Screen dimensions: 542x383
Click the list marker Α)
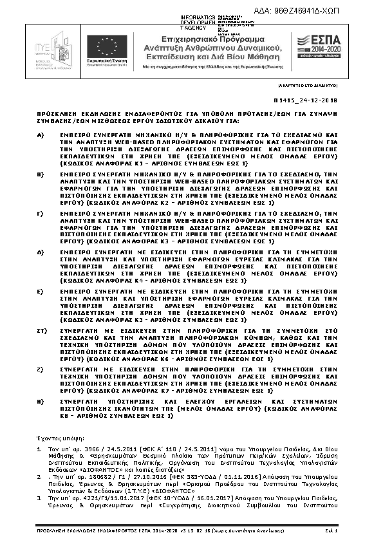(40, 135)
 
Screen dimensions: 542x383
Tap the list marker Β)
(40, 173)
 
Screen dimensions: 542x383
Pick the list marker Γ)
(40, 211)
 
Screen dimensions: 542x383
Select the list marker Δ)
(40, 250)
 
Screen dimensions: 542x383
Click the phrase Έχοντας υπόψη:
(58, 437)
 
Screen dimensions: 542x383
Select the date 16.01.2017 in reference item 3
(182, 498)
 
